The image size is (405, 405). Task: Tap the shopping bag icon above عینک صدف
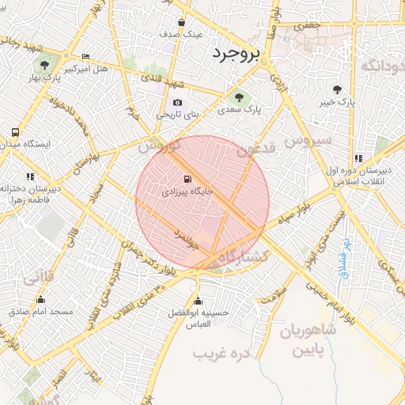pyautogui.click(x=182, y=23)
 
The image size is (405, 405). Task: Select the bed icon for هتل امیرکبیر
pyautogui.click(x=85, y=56)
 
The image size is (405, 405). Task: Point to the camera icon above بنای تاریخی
pyautogui.click(x=177, y=102)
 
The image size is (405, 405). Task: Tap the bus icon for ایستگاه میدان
pyautogui.click(x=15, y=132)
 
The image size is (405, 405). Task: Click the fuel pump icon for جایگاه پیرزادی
pyautogui.click(x=187, y=179)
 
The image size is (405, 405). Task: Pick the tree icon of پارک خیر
pyautogui.click(x=339, y=89)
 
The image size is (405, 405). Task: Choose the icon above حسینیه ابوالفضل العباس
pyautogui.click(x=198, y=300)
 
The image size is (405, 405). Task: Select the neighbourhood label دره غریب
pyautogui.click(x=222, y=353)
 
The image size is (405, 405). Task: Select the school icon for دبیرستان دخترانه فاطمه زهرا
pyautogui.click(x=30, y=176)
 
